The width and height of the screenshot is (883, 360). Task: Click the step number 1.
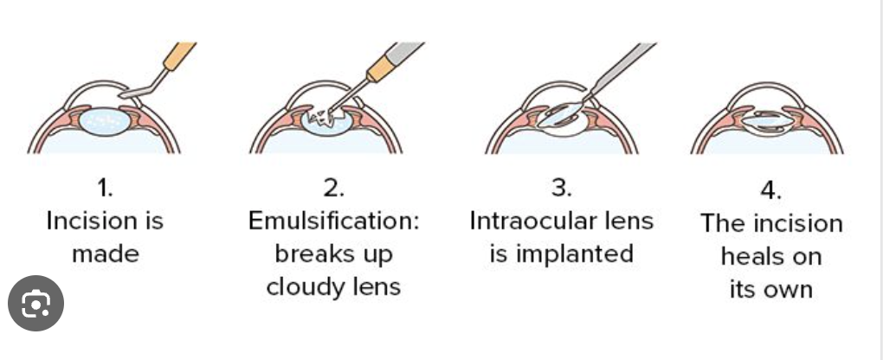(x=104, y=187)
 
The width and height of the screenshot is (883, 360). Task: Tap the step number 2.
(x=333, y=187)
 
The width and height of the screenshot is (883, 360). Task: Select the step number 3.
(x=560, y=187)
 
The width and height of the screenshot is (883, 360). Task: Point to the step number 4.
(x=770, y=190)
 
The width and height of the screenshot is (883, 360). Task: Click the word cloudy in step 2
(x=299, y=286)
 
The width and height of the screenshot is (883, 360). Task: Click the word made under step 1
(x=104, y=254)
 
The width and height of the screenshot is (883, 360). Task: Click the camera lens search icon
(x=36, y=303)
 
